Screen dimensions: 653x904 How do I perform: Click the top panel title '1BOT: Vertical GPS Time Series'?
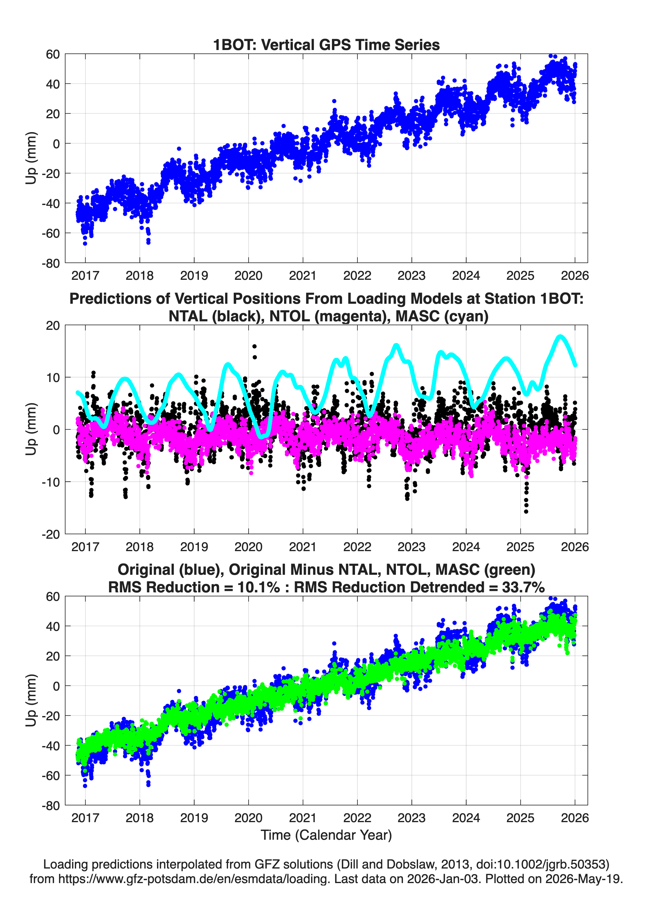[326, 45]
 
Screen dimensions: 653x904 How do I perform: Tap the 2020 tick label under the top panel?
[248, 276]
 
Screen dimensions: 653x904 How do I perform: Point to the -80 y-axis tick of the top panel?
[51, 263]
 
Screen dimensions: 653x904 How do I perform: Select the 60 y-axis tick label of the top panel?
[53, 54]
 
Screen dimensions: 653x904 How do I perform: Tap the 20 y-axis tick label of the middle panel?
[53, 325]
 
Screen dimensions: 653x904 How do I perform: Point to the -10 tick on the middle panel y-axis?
[51, 482]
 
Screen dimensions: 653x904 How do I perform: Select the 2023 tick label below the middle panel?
[411, 547]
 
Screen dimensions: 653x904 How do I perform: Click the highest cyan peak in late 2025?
[560, 337]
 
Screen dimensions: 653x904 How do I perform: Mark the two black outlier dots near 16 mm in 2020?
[254, 352]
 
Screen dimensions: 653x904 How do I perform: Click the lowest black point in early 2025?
[526, 511]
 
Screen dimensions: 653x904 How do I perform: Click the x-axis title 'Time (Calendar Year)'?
[326, 835]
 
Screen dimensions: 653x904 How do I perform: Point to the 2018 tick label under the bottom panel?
[139, 818]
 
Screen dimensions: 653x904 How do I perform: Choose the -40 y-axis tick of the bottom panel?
[51, 746]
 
